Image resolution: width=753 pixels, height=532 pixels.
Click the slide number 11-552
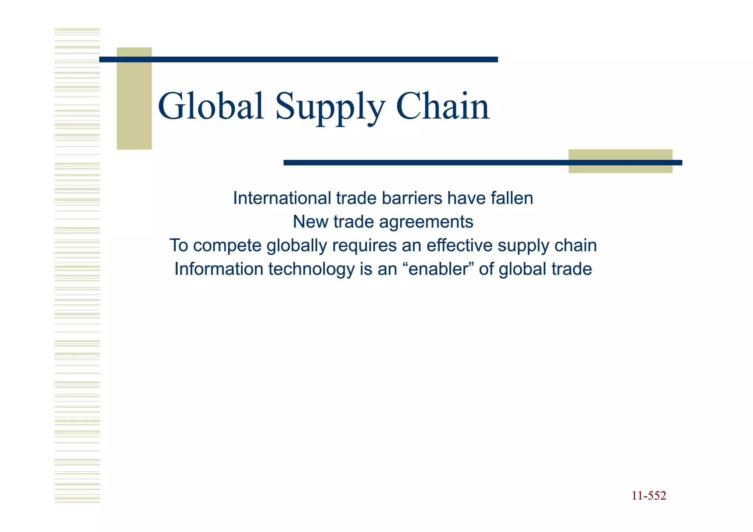pos(649,496)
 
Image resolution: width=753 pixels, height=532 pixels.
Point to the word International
pos(282,199)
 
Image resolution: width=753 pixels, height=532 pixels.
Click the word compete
pos(228,246)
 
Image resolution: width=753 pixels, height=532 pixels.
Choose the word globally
pos(296,246)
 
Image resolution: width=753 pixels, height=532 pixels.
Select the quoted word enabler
pos(437,269)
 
